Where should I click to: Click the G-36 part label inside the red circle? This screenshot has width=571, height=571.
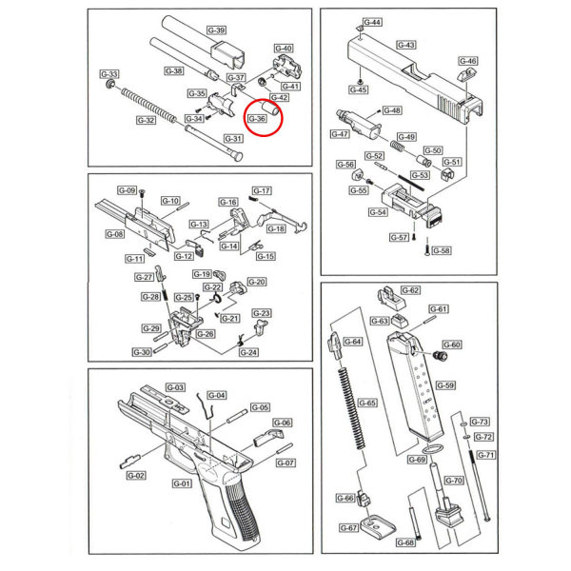pos(257,119)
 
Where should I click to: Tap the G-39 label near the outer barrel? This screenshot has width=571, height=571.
pos(217,30)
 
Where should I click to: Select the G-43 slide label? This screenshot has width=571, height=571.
pos(406,45)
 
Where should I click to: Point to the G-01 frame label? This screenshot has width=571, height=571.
pos(182,483)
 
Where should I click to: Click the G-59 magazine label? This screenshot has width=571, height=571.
pos(445,385)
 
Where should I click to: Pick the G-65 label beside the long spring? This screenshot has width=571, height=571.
pos(367,403)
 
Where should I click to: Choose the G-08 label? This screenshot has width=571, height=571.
pos(115,234)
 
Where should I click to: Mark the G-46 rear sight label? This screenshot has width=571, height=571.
pos(468,61)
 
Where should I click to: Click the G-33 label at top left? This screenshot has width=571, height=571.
pos(108,74)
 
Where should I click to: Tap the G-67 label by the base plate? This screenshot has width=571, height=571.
pos(348,527)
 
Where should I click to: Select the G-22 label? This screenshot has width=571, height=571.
pos(212,287)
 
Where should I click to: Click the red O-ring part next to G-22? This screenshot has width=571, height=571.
pos(216,298)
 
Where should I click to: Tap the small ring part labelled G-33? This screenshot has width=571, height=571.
pos(109,86)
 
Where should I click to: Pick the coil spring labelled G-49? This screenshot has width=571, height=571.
pos(397,145)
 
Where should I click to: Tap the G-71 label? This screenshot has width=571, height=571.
pos(485,455)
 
